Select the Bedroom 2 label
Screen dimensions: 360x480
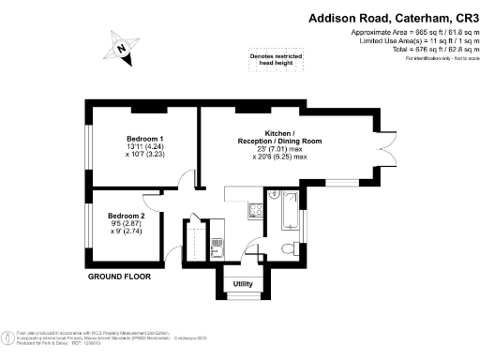[126, 213]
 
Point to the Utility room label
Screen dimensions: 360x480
[243, 283]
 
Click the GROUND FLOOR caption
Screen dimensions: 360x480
[119, 277]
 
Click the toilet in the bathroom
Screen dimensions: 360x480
[286, 246]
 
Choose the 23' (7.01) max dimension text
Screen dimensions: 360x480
[279, 149]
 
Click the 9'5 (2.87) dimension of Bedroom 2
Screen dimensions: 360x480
[126, 223]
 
